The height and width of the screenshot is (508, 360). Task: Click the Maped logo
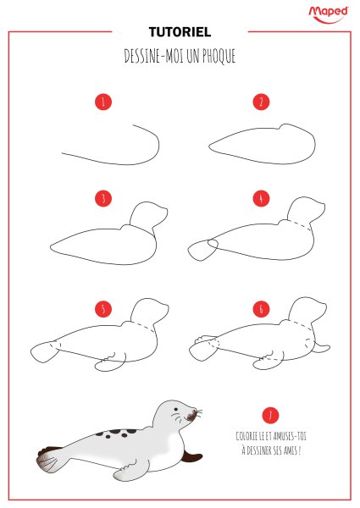[329, 14]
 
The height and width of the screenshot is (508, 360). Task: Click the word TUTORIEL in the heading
[180, 32]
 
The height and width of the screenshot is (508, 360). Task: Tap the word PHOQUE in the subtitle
[219, 56]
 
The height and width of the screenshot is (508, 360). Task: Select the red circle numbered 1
[103, 102]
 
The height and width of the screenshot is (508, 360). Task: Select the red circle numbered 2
[261, 102]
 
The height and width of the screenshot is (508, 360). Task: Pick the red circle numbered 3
[103, 198]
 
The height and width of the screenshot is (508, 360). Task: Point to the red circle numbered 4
[261, 198]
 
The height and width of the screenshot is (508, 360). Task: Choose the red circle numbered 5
[103, 309]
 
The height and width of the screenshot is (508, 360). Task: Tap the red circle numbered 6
[261, 309]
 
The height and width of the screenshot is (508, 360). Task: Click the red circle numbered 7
[270, 415]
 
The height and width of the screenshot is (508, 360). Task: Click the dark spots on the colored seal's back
[116, 433]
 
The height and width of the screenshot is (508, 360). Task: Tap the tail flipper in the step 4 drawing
[202, 250]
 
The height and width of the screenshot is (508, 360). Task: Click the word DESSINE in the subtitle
[142, 56]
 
